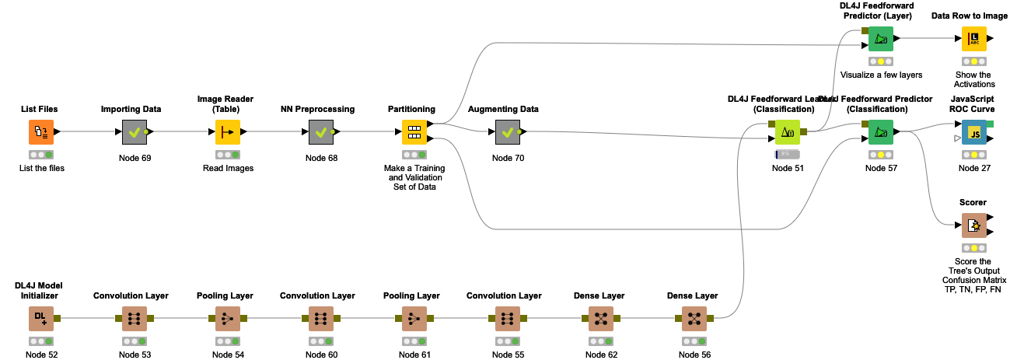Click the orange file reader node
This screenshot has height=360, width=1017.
pos(41,132)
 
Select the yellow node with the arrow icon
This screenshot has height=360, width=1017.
pos(228,132)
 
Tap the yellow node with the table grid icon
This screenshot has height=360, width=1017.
pos(414,132)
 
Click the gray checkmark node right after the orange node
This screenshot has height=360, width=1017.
pos(135,132)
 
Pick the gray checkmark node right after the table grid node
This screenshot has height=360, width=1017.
pos(508,132)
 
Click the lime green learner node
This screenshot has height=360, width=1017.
pos(788,132)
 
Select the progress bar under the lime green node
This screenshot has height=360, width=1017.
pos(788,155)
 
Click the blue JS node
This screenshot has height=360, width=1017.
pos(974,132)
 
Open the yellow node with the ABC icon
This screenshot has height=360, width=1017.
pos(974,39)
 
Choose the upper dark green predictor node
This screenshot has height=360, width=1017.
pos(881,39)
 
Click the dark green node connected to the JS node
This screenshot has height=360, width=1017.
pos(881,132)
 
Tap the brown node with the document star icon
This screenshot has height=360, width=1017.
pos(974,225)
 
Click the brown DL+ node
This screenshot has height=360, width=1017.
pos(41,319)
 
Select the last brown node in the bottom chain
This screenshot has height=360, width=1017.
pos(694,319)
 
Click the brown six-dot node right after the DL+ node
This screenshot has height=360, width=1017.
pos(135,319)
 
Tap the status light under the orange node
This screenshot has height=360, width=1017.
pos(41,155)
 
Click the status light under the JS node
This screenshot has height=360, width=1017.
pos(974,155)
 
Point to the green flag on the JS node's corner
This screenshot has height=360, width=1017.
pos(990,124)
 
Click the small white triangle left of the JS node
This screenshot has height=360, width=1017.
pos(957,138)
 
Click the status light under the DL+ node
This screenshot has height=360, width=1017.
pos(41,341)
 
